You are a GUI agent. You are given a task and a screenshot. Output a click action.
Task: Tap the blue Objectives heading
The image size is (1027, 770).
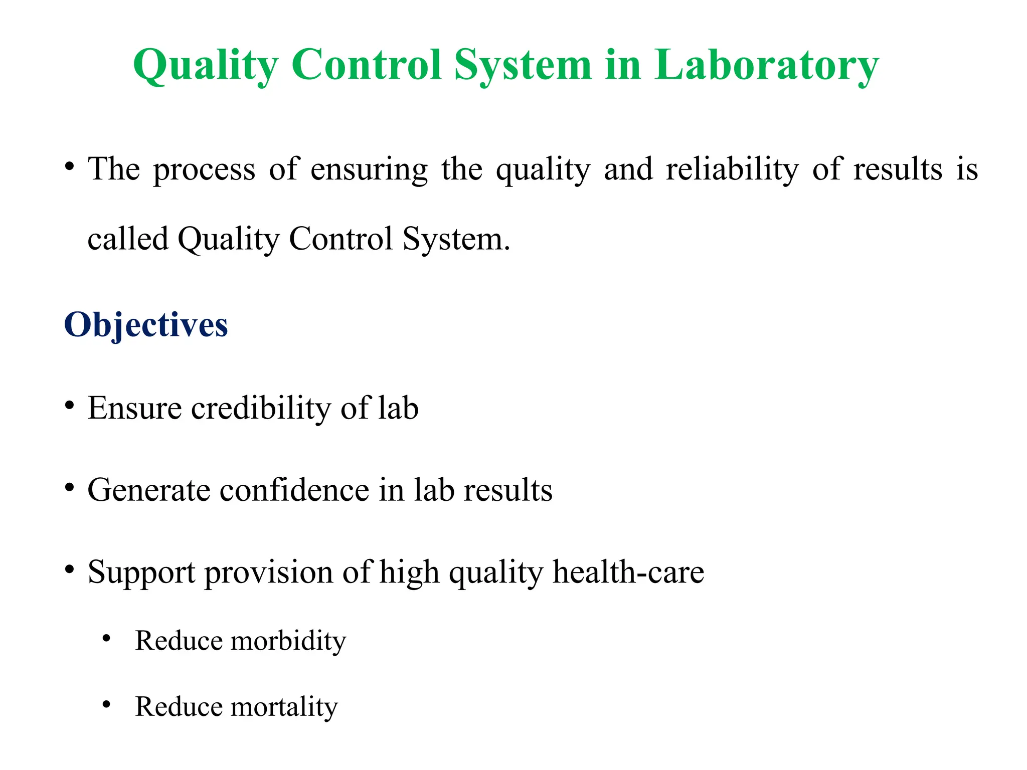(x=146, y=325)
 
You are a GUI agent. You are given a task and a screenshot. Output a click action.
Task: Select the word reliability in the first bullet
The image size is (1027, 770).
(x=732, y=169)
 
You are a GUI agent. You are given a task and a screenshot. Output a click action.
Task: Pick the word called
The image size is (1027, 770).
(x=128, y=239)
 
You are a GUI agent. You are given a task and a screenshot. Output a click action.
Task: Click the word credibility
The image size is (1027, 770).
(x=261, y=408)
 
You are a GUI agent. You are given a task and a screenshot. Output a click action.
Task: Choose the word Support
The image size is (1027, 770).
(x=141, y=572)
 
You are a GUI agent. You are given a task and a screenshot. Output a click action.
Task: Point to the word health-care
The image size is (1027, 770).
(x=628, y=571)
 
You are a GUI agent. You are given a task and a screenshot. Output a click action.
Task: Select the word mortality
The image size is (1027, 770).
(x=284, y=707)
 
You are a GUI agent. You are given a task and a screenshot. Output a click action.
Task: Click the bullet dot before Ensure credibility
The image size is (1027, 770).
(x=70, y=405)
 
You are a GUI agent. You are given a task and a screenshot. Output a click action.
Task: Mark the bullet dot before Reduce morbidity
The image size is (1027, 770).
(x=106, y=639)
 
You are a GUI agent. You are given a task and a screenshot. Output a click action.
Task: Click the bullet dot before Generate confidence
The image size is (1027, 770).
(x=70, y=487)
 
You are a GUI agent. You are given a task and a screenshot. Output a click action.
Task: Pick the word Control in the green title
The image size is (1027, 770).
(x=367, y=65)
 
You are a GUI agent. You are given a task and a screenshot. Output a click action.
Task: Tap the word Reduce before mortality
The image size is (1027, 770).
(x=179, y=707)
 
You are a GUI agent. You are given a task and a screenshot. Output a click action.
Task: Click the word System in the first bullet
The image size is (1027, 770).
(x=456, y=240)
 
